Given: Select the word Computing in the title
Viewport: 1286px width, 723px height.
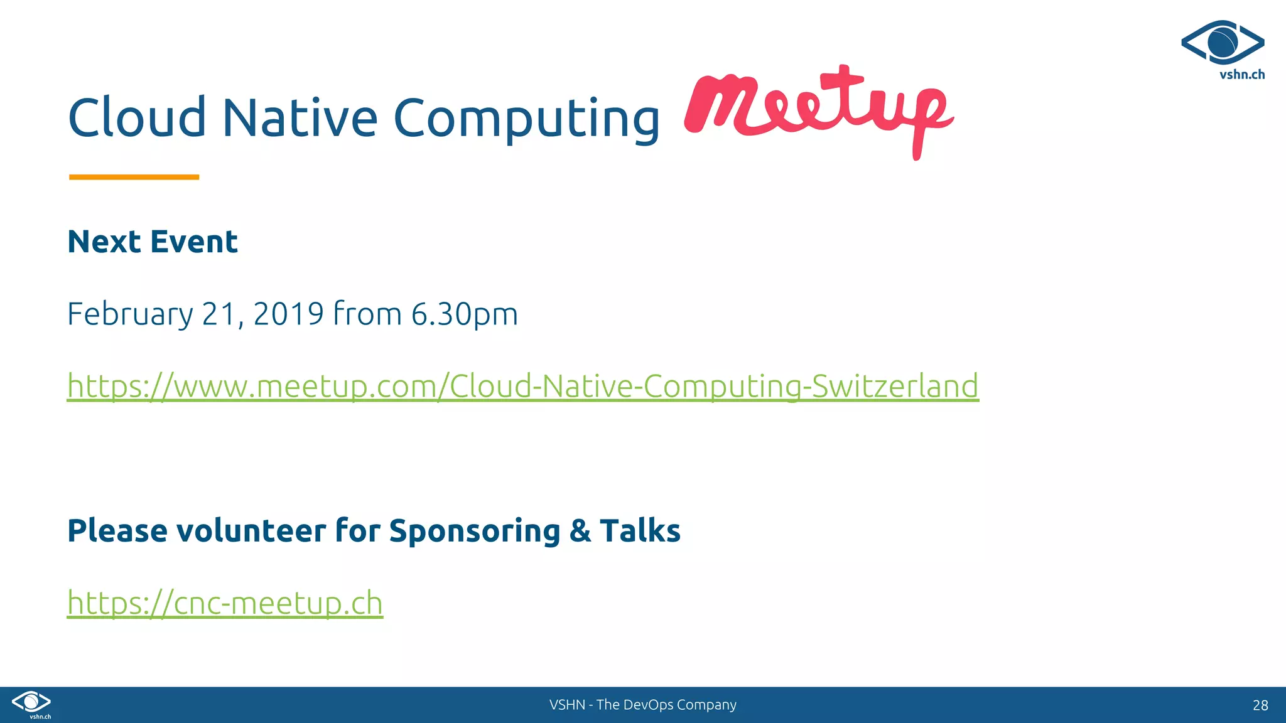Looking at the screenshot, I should tap(526, 119).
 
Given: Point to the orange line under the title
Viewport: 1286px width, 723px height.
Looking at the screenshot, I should tap(134, 177).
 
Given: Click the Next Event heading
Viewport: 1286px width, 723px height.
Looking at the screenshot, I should tap(153, 242).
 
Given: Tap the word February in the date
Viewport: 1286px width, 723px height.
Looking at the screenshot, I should tap(130, 314).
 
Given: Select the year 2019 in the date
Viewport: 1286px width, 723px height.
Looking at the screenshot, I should tap(288, 313).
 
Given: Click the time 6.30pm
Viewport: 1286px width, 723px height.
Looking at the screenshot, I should tap(464, 314).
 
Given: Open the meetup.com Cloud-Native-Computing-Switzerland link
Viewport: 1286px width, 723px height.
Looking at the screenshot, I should tap(522, 385).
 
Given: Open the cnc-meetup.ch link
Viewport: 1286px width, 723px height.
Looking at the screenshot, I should tap(225, 602).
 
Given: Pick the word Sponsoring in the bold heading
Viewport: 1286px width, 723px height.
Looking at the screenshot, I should tap(474, 532).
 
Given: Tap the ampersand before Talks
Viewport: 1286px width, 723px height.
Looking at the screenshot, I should tap(580, 531).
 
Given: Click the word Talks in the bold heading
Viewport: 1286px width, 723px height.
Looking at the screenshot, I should tap(640, 531).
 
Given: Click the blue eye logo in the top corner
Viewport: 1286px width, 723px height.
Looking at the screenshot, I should tap(1222, 42).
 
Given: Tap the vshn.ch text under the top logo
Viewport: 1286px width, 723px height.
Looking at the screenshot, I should tap(1241, 75).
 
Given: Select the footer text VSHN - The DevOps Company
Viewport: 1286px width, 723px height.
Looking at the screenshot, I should tap(642, 705).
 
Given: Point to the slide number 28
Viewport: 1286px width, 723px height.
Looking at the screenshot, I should tap(1260, 705).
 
